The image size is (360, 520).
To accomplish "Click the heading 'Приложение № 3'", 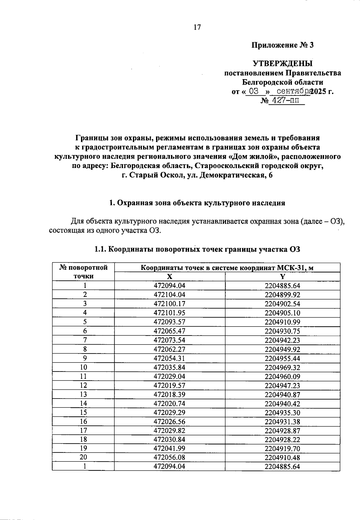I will pos(282,45).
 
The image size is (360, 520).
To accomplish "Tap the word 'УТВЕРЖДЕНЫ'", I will pos(282,64).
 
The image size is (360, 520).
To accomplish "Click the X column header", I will pos(169,276).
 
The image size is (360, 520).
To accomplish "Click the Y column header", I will pos(282,276).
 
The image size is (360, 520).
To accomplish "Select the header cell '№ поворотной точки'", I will pos(83,272).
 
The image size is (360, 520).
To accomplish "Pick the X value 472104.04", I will pos(169,295).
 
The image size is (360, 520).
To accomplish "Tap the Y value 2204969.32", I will pos(282,368).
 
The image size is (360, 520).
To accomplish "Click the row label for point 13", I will pos(83,394).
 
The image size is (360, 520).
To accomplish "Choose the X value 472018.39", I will pos(169,395).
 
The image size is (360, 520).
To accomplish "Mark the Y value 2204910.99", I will pos(282,322).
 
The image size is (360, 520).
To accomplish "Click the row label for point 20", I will pos(83,457).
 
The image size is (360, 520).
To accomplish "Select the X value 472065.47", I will pos(169,331).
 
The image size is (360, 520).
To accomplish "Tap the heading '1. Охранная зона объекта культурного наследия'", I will pos(197,203).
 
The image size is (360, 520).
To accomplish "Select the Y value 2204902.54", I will pos(282,304).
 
